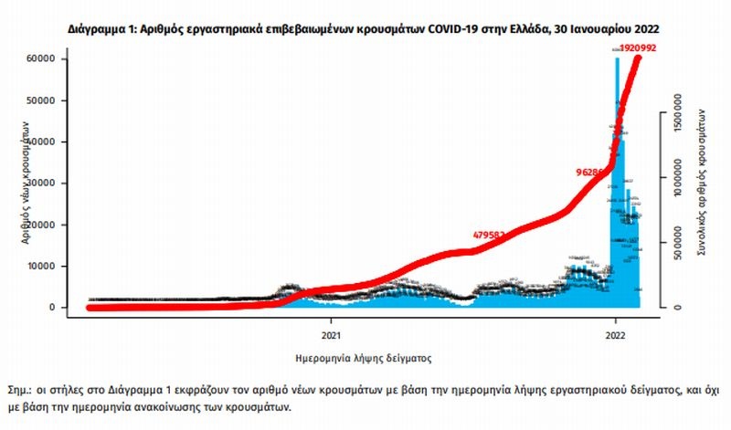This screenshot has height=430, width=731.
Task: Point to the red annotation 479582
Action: pyautogui.click(x=492, y=235)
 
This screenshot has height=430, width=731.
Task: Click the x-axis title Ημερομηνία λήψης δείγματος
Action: pyautogui.click(x=364, y=358)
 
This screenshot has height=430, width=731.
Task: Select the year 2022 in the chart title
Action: pyautogui.click(x=640, y=29)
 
